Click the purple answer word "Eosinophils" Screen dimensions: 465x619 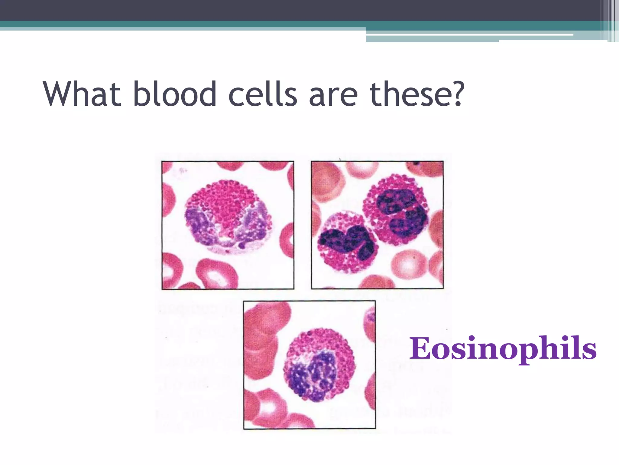[503, 349]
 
